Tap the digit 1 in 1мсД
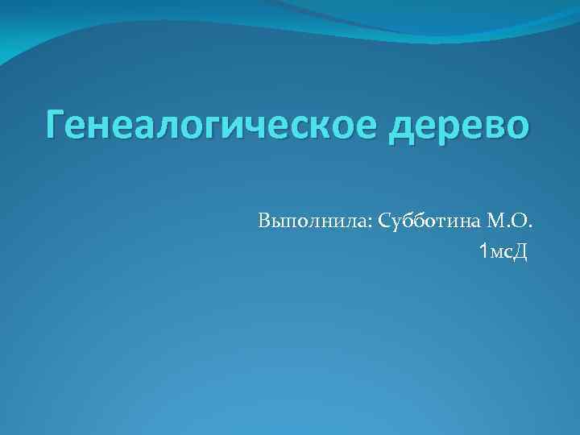[x=483, y=253]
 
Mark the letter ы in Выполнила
[x=280, y=222]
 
